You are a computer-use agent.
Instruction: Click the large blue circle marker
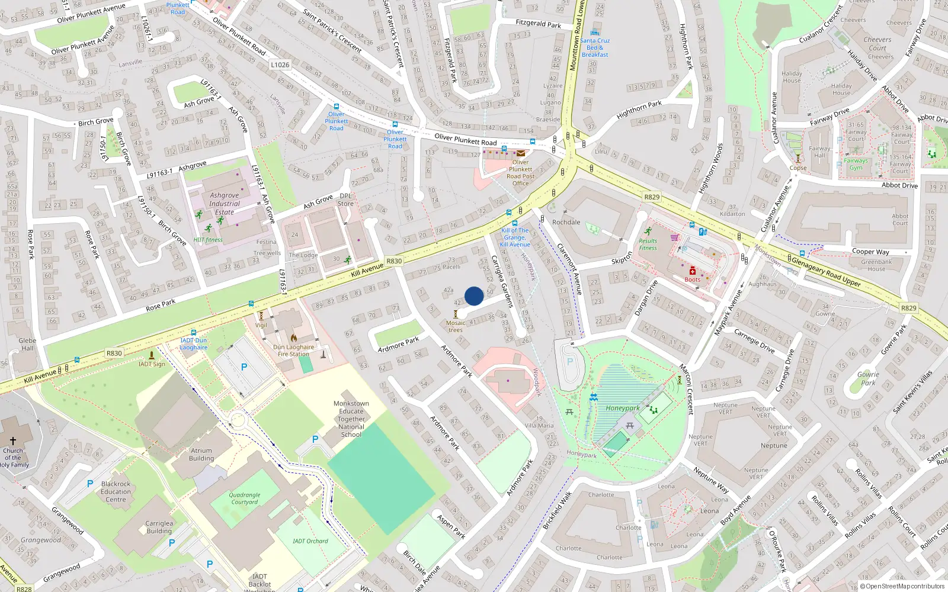(x=474, y=296)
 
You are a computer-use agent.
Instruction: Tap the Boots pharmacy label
(x=692, y=279)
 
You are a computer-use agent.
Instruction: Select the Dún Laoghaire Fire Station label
(x=293, y=350)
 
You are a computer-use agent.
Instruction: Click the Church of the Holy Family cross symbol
(x=13, y=441)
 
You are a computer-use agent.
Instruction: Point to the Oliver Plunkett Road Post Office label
(x=520, y=172)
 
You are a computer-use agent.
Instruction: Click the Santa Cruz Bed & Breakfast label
(x=595, y=47)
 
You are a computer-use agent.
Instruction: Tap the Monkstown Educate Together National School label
(x=351, y=419)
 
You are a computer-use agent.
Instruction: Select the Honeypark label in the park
(x=622, y=408)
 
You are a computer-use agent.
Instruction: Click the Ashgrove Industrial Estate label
(x=225, y=203)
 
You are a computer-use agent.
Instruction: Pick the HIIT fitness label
(x=208, y=240)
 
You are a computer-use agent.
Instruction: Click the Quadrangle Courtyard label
(x=245, y=498)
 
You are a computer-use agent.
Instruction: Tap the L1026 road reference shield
(x=280, y=65)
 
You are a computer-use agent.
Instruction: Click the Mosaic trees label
(x=456, y=326)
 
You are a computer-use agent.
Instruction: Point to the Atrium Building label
(x=201, y=454)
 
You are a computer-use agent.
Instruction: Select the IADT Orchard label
(x=310, y=540)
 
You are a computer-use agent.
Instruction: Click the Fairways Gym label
(x=856, y=164)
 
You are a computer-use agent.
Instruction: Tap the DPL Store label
(x=345, y=200)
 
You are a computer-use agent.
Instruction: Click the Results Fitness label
(x=648, y=244)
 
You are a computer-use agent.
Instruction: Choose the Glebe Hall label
(x=27, y=344)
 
